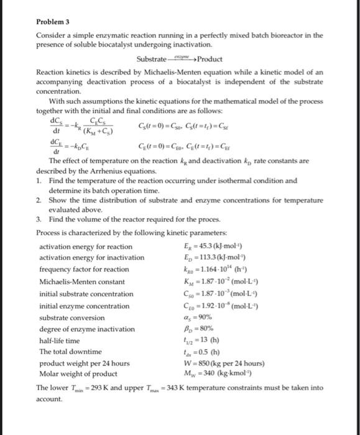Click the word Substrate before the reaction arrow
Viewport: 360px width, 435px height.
coord(152,59)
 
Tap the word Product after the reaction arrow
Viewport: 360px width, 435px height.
coord(210,59)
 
